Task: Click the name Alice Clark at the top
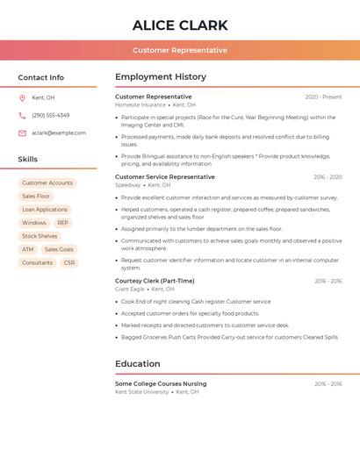point(180,25)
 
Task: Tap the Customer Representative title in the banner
point(180,50)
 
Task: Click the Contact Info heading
point(40,77)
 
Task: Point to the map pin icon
point(22,97)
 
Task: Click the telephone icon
point(22,115)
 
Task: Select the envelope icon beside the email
point(22,133)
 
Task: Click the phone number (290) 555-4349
point(50,115)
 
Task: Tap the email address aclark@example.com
point(59,133)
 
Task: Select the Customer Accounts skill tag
point(47,183)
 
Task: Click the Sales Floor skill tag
point(36,197)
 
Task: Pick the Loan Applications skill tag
point(45,210)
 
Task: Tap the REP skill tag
point(62,223)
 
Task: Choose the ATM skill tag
point(28,249)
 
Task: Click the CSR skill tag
point(69,262)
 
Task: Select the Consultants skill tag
point(37,262)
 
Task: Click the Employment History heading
point(160,77)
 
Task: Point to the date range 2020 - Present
point(323,97)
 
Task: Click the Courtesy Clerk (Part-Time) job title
point(155,281)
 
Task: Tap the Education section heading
point(137,364)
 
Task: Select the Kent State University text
point(141,392)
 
